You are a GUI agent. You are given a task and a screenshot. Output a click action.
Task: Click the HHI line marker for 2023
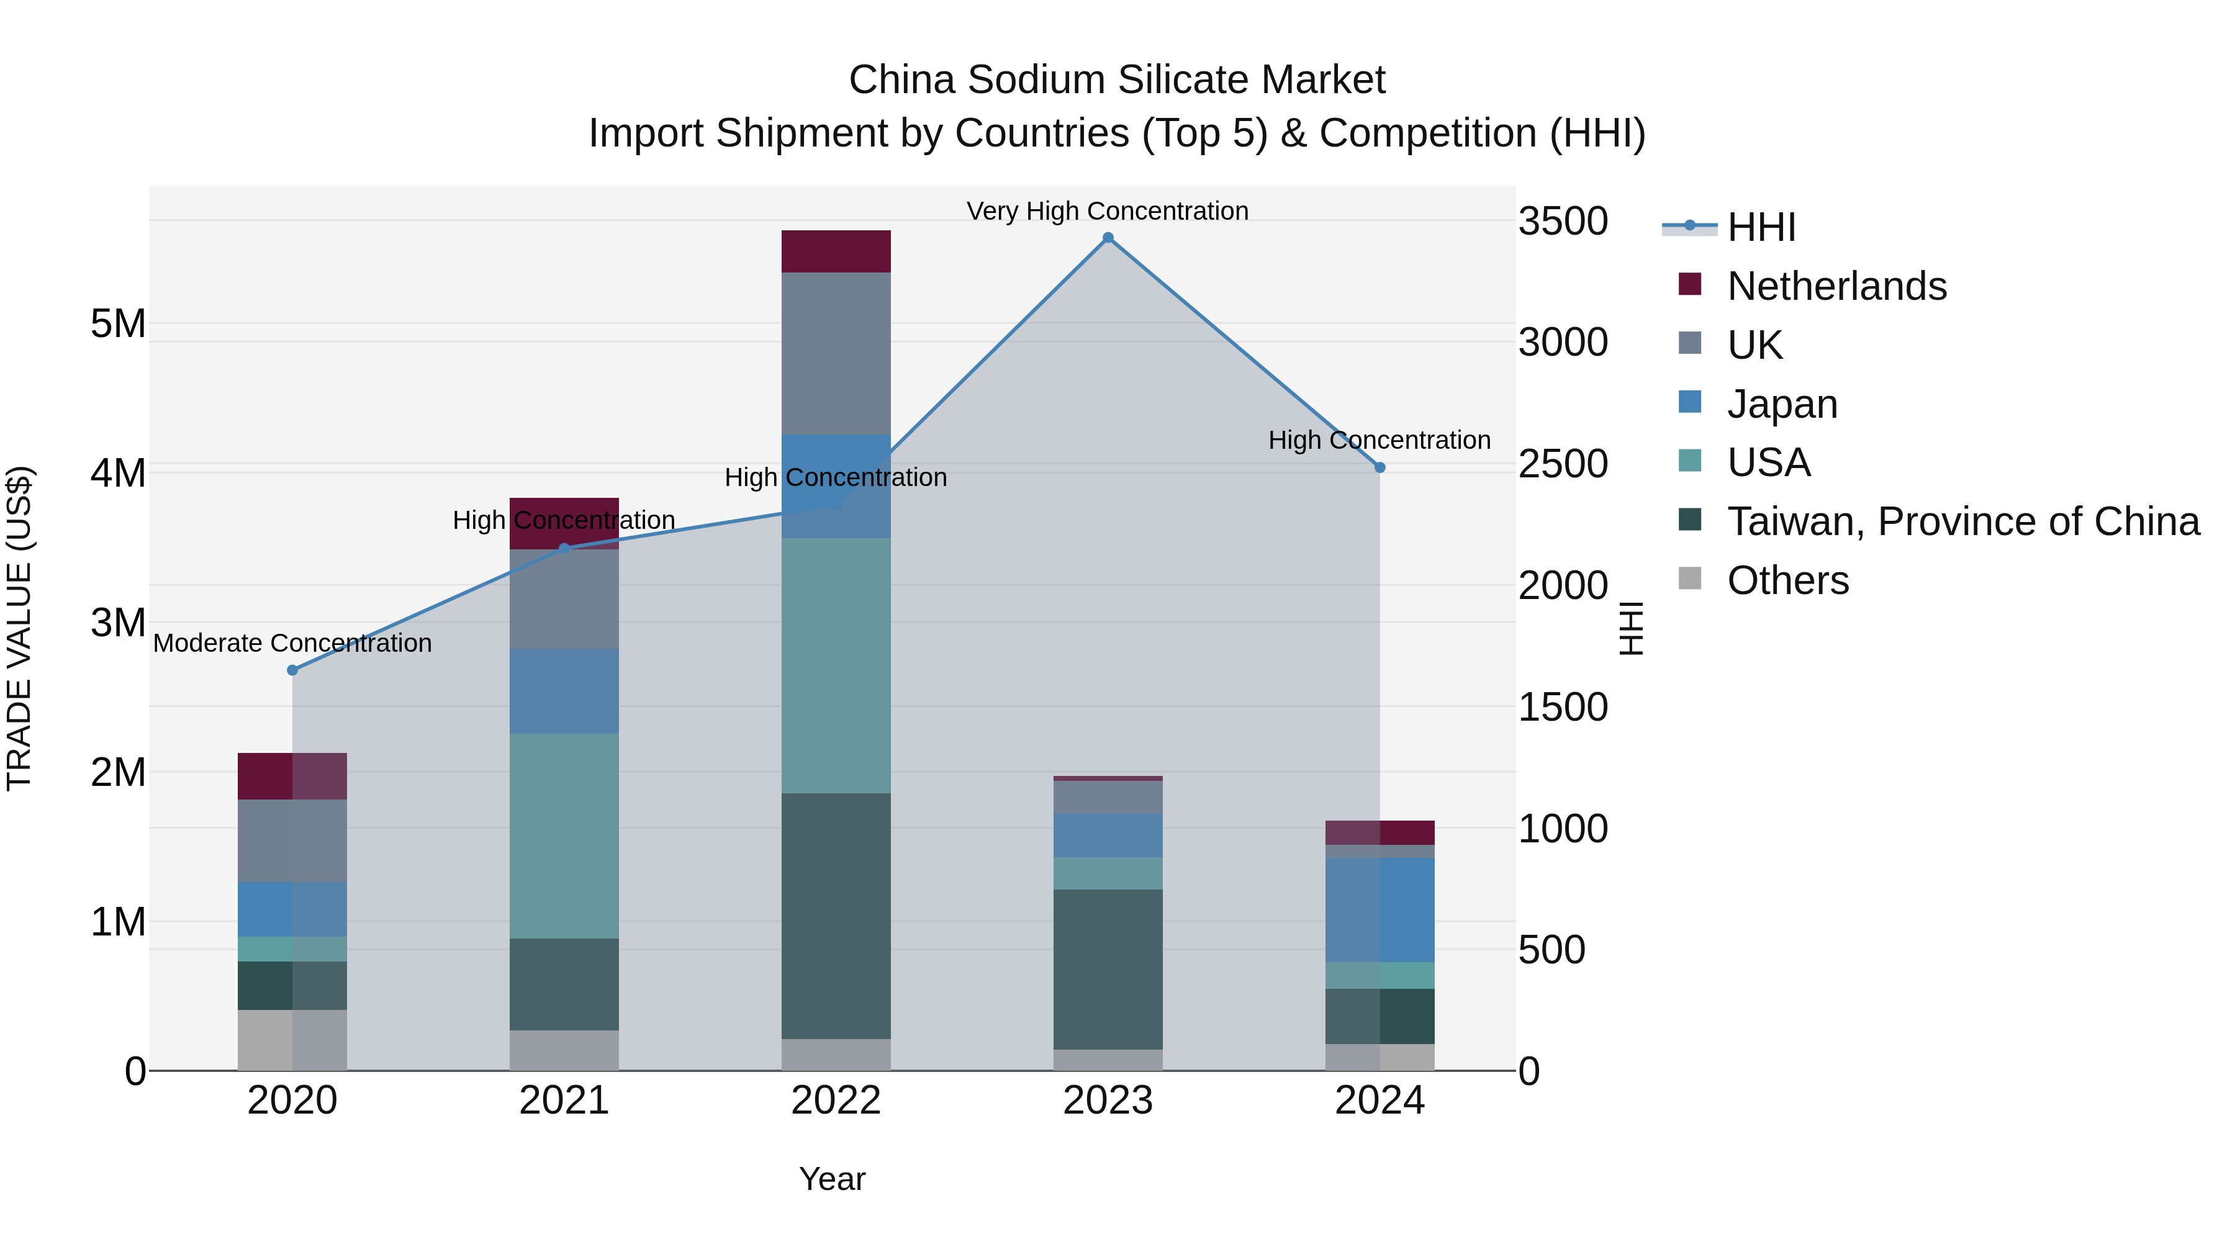click(x=1108, y=238)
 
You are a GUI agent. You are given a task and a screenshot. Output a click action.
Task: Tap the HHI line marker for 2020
click(x=292, y=670)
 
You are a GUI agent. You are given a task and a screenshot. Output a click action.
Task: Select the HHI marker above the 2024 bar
click(x=1379, y=467)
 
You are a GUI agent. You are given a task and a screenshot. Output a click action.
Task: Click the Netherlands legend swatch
click(x=1689, y=284)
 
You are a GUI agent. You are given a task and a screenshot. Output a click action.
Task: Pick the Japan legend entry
click(x=1781, y=404)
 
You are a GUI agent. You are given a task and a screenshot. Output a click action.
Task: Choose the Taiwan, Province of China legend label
click(x=1962, y=521)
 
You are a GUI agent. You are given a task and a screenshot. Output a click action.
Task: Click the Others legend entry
click(x=1787, y=580)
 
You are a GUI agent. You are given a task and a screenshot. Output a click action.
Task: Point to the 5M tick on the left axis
click(x=118, y=325)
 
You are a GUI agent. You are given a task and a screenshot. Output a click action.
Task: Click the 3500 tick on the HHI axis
click(x=1563, y=221)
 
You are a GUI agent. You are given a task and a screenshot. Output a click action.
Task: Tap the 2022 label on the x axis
click(x=836, y=1101)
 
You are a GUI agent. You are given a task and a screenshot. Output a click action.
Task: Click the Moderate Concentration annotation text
click(x=292, y=643)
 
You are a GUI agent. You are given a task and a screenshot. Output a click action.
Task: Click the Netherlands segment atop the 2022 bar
click(x=836, y=251)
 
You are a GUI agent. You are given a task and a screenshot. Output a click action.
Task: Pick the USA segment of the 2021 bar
click(x=564, y=836)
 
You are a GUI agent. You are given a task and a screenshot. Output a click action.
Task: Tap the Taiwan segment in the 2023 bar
click(x=1108, y=969)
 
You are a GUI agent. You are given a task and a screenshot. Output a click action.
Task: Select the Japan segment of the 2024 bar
click(x=1379, y=909)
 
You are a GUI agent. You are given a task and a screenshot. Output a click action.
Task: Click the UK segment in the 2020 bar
click(x=292, y=840)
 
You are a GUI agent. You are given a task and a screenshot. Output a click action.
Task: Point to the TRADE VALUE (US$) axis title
click(x=19, y=628)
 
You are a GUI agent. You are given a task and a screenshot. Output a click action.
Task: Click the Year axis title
click(x=831, y=1179)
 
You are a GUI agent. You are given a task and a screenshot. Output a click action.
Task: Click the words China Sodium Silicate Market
click(x=1117, y=80)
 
